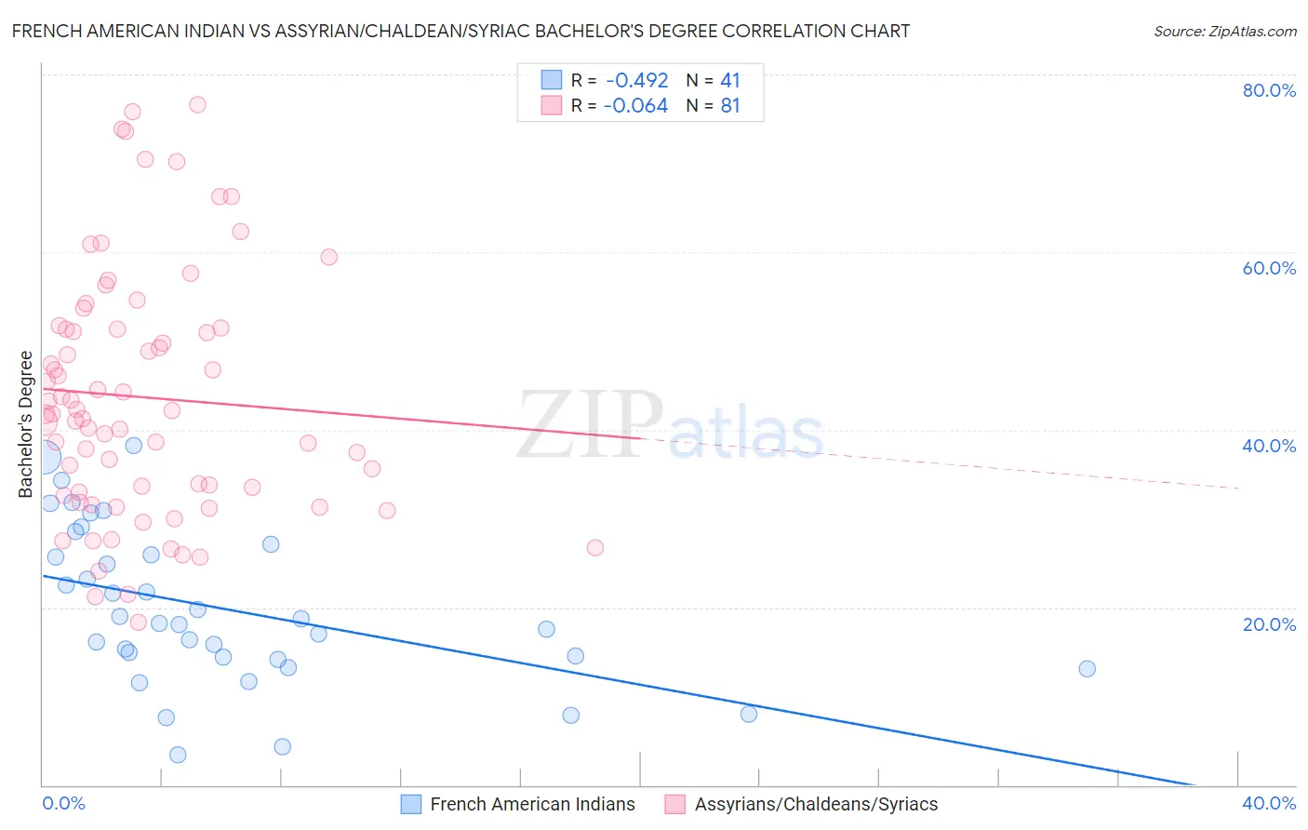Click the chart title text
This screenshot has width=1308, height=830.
pyautogui.click(x=460, y=31)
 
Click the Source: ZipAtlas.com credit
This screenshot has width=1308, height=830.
pyautogui.click(x=1224, y=31)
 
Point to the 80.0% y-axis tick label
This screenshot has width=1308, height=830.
pyautogui.click(x=1269, y=90)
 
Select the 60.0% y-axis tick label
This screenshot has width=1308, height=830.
pyautogui.click(x=1269, y=268)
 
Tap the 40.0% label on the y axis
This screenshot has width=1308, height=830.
pyautogui.click(x=1269, y=446)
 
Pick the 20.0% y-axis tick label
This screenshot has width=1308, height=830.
pyautogui.click(x=1269, y=624)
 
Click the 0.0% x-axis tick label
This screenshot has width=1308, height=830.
pyautogui.click(x=63, y=803)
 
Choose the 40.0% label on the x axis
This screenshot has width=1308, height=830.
pyautogui.click(x=1269, y=803)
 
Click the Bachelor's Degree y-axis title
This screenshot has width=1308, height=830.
pyautogui.click(x=26, y=424)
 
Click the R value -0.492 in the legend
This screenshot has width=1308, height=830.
pyautogui.click(x=636, y=80)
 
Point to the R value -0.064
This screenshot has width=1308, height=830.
pyautogui.click(x=635, y=106)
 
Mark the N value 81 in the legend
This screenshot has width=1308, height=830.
pyautogui.click(x=730, y=106)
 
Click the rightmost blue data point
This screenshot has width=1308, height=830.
pyautogui.click(x=1087, y=668)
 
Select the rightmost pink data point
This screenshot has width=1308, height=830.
pyautogui.click(x=595, y=547)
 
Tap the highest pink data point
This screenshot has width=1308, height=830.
pyautogui.click(x=197, y=104)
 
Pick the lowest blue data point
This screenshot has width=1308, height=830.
pyautogui.click(x=178, y=755)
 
